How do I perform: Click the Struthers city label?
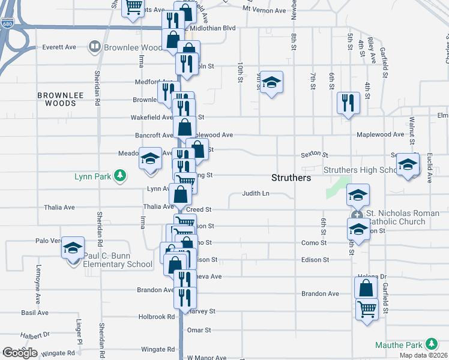point(291,178)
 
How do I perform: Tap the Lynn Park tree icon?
point(121,175)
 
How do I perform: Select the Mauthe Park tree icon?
point(430,344)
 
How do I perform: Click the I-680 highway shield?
point(7,23)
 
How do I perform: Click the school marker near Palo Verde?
point(73,248)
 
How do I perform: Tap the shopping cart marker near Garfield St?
point(367,310)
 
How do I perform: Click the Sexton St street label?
point(315,155)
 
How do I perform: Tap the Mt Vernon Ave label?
point(264,11)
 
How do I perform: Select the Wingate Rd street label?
point(157,349)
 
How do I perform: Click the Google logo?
point(20,353)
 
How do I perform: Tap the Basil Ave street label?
point(35,313)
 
